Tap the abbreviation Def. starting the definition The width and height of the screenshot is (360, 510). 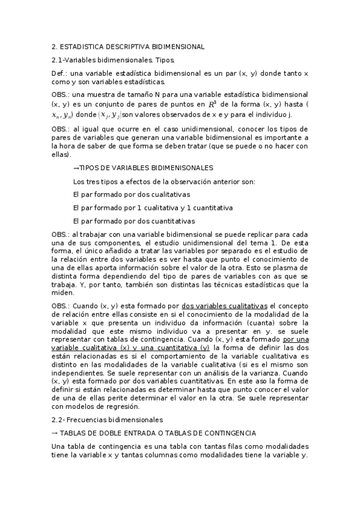click(x=59, y=73)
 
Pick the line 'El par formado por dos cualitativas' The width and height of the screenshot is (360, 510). click(x=131, y=194)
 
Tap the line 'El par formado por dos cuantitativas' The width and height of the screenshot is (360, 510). click(x=133, y=221)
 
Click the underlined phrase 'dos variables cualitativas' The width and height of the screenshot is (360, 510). click(x=224, y=306)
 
